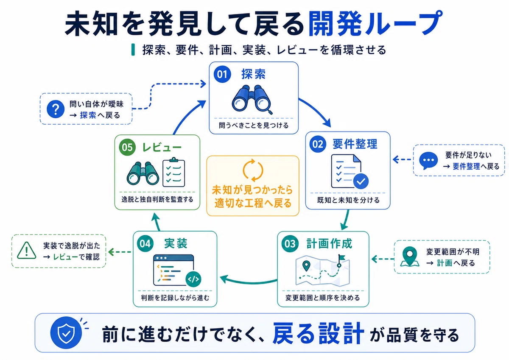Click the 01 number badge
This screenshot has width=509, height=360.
click(x=222, y=74)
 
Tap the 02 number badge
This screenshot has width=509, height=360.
click(x=318, y=144)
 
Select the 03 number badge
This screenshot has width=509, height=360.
click(x=290, y=244)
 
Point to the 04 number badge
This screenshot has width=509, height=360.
click(x=145, y=244)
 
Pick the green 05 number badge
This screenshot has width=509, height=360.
click(x=127, y=147)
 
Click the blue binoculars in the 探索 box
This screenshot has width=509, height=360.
click(x=252, y=100)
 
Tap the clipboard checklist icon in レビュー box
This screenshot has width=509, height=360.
click(x=174, y=172)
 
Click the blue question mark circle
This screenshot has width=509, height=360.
click(x=56, y=109)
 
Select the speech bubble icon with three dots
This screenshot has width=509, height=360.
click(x=428, y=161)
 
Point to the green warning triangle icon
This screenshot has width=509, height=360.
click(x=27, y=251)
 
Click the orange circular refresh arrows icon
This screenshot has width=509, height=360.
click(x=253, y=170)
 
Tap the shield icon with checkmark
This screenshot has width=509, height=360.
click(x=66, y=333)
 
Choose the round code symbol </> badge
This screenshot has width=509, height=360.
click(x=193, y=279)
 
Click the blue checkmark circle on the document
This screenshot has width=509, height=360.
click(x=361, y=181)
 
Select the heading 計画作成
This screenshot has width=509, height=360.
click(x=329, y=244)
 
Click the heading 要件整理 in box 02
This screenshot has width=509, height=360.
click(x=355, y=144)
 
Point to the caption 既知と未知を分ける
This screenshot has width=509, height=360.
click(x=348, y=200)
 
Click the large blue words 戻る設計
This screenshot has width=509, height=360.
click(x=318, y=333)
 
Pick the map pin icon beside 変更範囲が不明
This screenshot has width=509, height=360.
click(x=410, y=257)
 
